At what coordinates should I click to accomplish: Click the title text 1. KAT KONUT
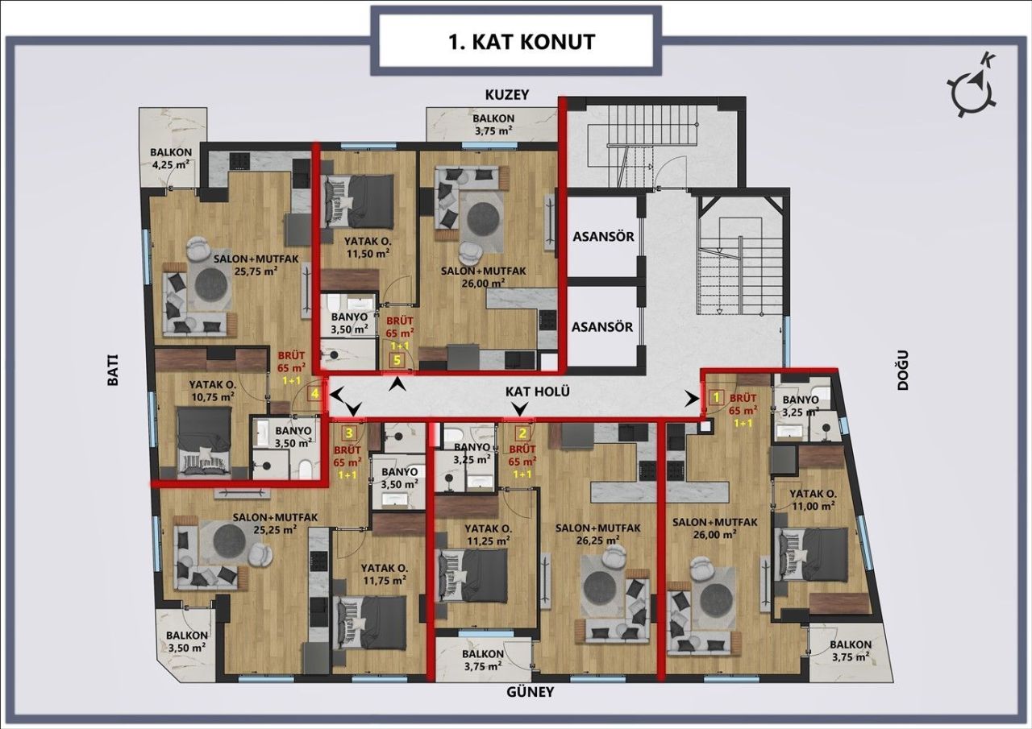tap(522, 42)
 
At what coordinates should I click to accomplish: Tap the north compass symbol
tap(974, 85)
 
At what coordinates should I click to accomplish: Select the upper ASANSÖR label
tap(602, 238)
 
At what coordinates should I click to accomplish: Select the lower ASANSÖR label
tap(602, 328)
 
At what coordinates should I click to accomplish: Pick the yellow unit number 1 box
tap(714, 396)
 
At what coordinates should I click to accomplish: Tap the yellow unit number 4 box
tap(315, 394)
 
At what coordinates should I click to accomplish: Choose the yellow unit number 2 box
tap(522, 431)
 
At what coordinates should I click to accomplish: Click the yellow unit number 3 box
tap(348, 431)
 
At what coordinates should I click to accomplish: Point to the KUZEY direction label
tap(506, 95)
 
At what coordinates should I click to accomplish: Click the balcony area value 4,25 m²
tap(171, 167)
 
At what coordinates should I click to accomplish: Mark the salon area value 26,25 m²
tap(597, 541)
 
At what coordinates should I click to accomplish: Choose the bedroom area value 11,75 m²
tap(383, 579)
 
